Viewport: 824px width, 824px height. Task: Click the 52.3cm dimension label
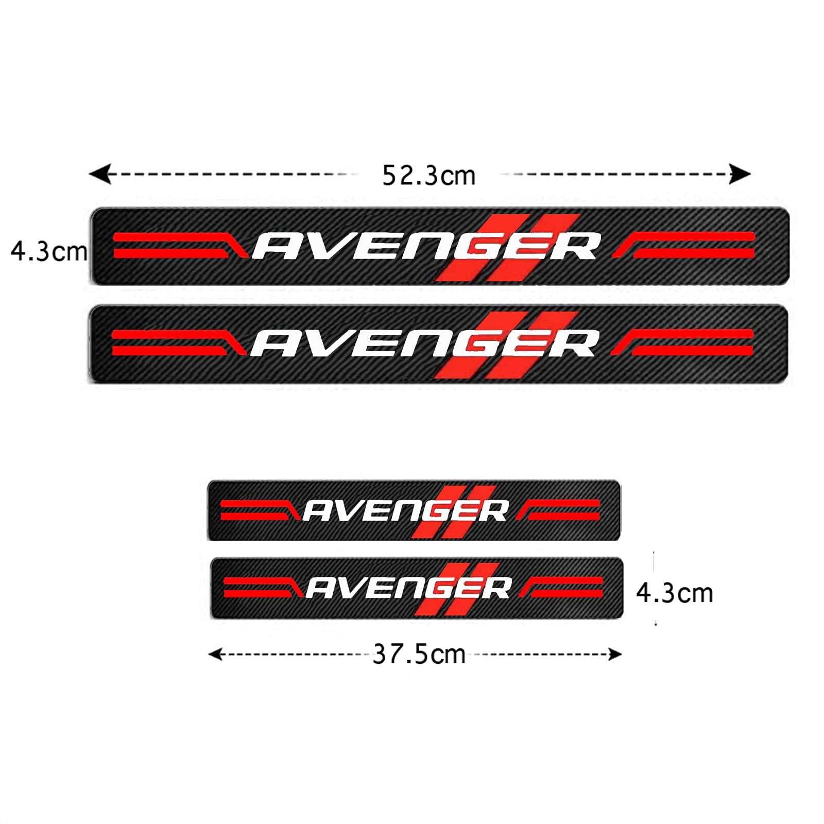click(428, 176)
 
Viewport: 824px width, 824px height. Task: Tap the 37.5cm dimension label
click(419, 654)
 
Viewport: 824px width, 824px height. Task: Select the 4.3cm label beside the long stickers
click(49, 252)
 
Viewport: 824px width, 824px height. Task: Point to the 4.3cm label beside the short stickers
click(675, 593)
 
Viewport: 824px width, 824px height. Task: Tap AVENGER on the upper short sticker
click(405, 511)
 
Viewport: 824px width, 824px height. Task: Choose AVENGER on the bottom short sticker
click(408, 588)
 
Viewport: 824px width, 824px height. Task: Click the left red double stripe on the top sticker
click(175, 245)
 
